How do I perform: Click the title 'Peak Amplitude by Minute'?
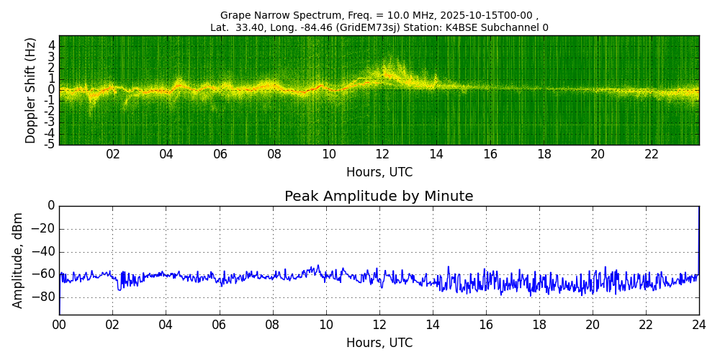[x=379, y=197]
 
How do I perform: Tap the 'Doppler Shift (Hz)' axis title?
[x=31, y=91]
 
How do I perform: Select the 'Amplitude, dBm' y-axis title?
[x=19, y=260]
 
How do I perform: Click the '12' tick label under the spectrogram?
[x=382, y=155]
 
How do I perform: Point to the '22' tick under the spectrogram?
[x=652, y=155]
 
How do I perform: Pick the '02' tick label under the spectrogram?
[x=113, y=155]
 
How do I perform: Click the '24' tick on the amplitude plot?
[x=698, y=325]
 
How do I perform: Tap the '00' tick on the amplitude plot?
[x=59, y=325]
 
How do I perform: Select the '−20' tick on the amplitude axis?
[x=42, y=229]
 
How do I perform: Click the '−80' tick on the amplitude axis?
[x=42, y=297]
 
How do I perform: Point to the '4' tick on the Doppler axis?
[x=51, y=45]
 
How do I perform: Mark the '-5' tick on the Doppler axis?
[x=50, y=144]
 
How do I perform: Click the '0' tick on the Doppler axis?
[x=51, y=90]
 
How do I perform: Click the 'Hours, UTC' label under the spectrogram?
[x=379, y=173]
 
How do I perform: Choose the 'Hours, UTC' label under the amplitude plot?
[x=379, y=343]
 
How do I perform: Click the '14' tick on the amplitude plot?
[x=433, y=325]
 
